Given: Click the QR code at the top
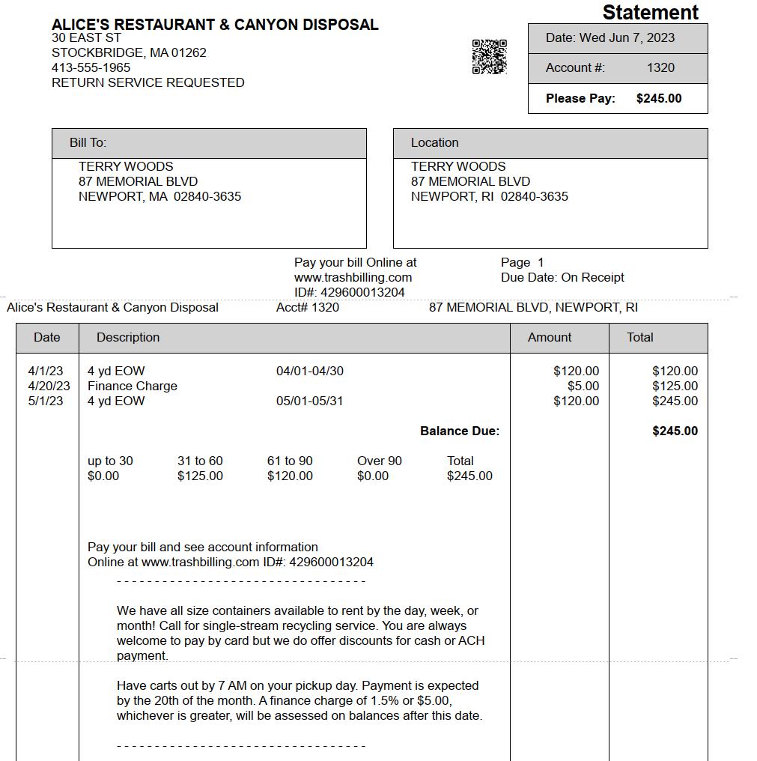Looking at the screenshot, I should coord(489,57).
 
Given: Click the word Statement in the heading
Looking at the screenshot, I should coord(650,13).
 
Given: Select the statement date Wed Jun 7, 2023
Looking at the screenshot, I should coord(627,37).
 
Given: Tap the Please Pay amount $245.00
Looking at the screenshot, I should coord(659,98).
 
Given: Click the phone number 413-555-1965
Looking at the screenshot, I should coord(91,67).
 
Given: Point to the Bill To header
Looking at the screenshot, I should coord(88,142).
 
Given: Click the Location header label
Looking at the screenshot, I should coord(434,142).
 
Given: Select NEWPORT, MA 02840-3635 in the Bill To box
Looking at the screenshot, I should coord(159,196).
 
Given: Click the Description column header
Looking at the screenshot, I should coord(128,337).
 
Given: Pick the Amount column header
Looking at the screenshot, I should coord(550,337).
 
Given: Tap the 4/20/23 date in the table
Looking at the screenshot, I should coord(49,386).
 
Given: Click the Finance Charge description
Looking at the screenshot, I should coord(133,386).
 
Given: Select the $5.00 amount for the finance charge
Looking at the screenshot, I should coord(583,386).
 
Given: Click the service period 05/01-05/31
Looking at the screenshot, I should coord(309,401).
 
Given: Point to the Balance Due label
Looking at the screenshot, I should coord(460,431).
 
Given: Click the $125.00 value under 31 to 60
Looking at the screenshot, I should coord(200,476).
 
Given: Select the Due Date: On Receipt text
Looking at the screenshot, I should coord(562,277).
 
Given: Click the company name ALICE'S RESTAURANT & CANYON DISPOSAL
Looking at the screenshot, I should coord(215,25).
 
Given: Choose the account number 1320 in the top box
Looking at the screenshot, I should coord(660,67).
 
